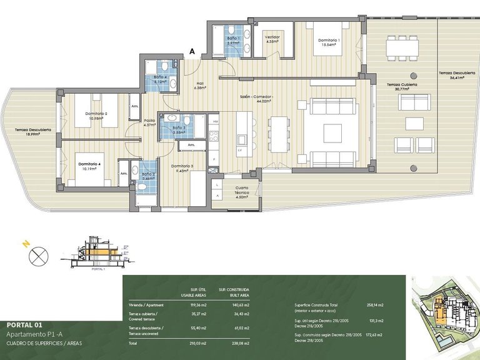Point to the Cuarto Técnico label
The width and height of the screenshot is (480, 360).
coord(242,190)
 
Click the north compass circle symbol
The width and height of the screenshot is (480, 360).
coord(39,254)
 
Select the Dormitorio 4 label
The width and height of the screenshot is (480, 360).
coord(89,165)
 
